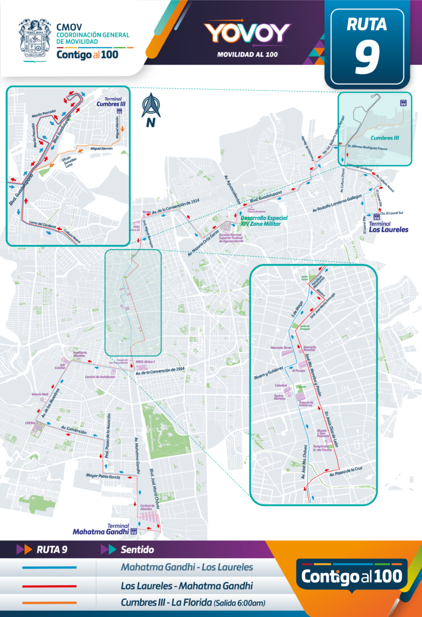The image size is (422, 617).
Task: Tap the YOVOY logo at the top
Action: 247,33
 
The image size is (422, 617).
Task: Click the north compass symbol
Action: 149,109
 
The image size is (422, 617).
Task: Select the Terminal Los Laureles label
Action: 388,227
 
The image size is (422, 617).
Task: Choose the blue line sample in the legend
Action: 49,567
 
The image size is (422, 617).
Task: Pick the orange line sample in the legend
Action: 49,603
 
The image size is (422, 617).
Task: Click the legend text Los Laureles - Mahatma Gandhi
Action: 187,585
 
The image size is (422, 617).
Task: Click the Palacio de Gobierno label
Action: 306,404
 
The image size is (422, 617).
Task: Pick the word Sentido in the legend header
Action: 137,549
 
